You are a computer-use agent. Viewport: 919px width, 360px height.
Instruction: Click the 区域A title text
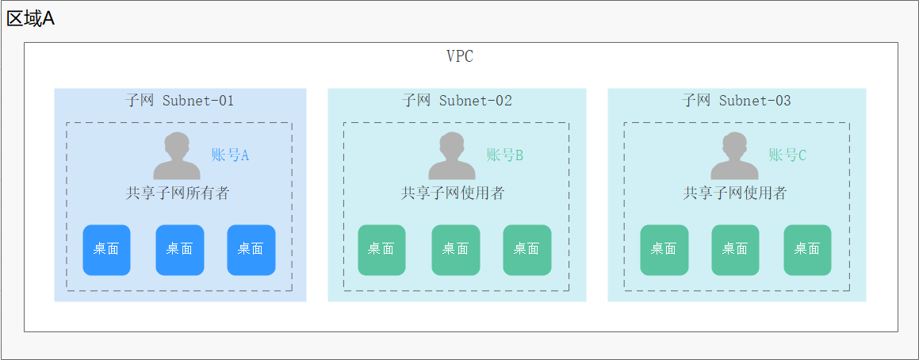coord(31,18)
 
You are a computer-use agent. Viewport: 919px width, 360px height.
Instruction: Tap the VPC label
coord(460,56)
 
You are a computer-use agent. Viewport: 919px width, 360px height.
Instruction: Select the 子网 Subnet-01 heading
coord(180,101)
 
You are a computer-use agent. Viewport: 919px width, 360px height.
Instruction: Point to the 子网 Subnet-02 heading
coord(457,101)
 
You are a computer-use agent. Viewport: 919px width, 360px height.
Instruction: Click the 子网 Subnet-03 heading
coord(737,101)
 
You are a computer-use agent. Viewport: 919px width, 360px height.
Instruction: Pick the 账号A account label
coord(230,155)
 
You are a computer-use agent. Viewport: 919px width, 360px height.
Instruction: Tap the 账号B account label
coord(505,155)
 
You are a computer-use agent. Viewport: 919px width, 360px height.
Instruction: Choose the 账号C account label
coord(787,155)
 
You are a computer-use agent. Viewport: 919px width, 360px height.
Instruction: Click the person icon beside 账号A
coord(177,156)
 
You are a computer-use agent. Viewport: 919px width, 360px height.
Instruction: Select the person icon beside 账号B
coord(452,156)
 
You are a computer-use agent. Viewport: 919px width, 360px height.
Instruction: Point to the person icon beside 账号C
coord(734,156)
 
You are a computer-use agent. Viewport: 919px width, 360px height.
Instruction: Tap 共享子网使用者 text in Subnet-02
coord(453,193)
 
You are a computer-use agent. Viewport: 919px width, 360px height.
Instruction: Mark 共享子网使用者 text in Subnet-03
coord(735,193)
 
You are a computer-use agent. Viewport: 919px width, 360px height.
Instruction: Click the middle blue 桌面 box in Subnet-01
coord(180,250)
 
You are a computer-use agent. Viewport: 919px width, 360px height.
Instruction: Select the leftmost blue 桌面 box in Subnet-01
coord(106,250)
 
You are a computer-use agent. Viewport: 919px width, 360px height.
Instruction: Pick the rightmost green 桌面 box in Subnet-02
coord(527,250)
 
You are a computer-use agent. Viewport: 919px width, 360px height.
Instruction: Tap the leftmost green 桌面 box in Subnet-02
coord(381,250)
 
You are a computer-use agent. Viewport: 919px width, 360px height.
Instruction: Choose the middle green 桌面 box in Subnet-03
coord(735,250)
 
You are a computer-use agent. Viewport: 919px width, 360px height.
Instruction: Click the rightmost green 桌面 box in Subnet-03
coord(807,250)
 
